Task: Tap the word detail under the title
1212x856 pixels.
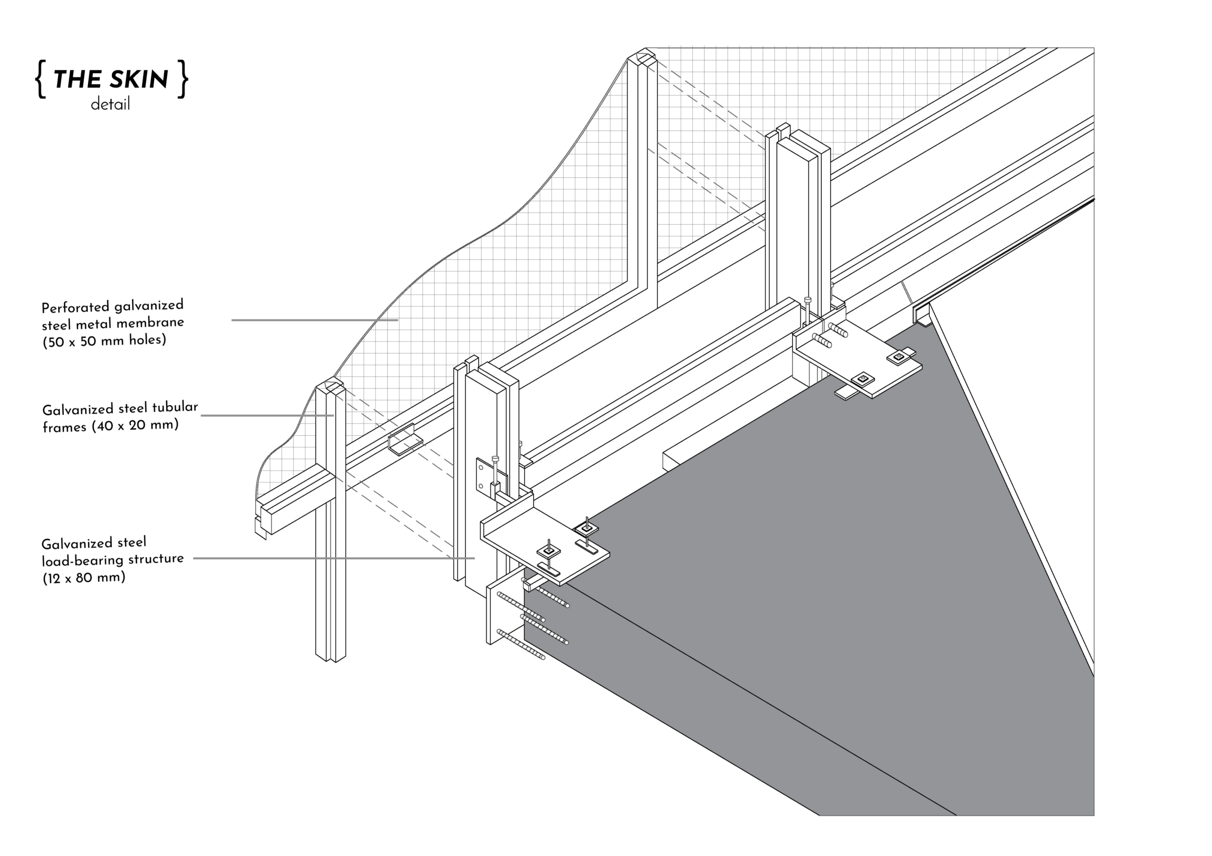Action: click(110, 105)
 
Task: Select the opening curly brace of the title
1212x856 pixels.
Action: click(40, 79)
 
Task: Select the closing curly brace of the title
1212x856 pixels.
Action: click(183, 79)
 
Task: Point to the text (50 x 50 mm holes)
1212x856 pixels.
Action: click(105, 341)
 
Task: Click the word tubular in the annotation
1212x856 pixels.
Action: click(175, 407)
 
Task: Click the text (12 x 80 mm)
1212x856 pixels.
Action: click(84, 577)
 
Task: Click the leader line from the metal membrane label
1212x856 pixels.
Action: click(315, 320)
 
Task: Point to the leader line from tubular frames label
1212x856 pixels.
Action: click(267, 416)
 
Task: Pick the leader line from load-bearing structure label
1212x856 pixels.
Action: click(334, 558)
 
